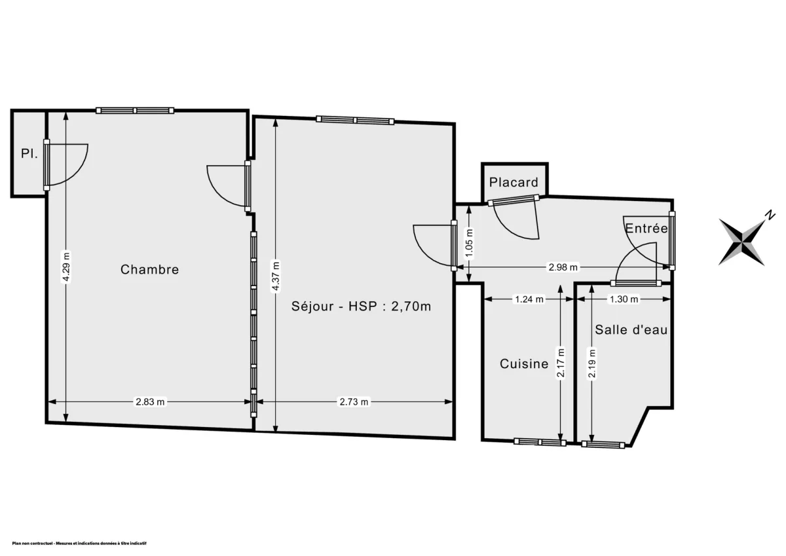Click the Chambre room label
[x=149, y=269]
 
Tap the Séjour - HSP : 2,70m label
[x=361, y=305]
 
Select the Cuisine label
[x=524, y=363]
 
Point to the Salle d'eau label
[x=631, y=330]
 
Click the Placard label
[x=514, y=183]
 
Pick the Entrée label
[x=646, y=229]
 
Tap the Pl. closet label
[x=28, y=155]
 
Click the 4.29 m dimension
[x=65, y=267]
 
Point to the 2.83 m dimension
[x=150, y=402]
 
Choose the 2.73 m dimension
[x=354, y=402]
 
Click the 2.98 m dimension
[x=563, y=267]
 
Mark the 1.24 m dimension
[x=528, y=299]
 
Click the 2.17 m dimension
[x=560, y=362]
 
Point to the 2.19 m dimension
[x=591, y=363]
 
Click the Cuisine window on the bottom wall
[x=540, y=442]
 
